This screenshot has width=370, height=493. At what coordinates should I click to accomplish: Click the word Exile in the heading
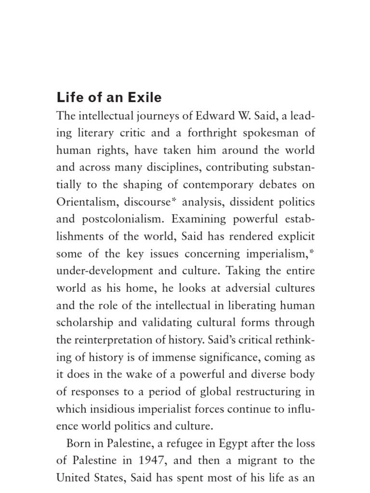tap(143, 98)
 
